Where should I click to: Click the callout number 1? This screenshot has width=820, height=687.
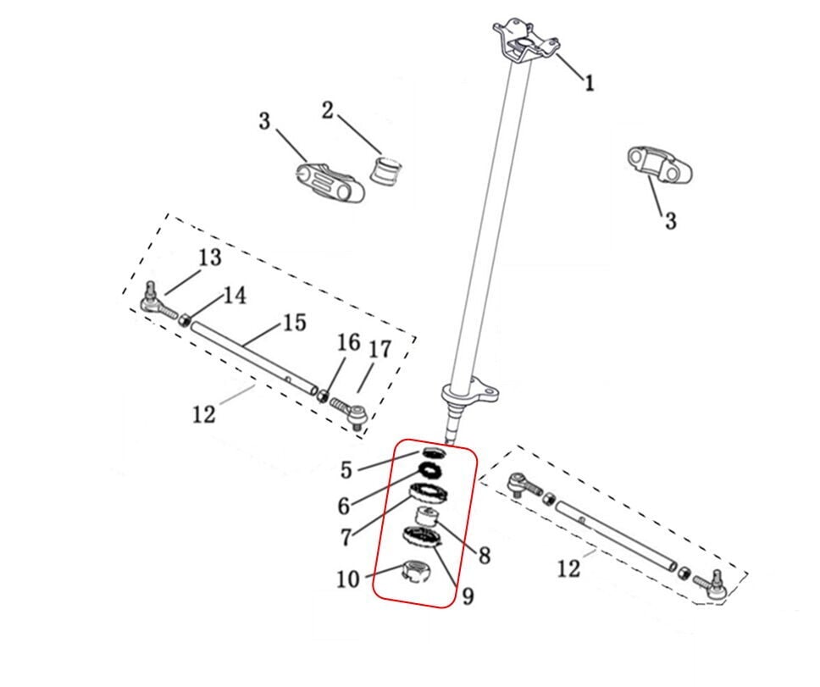click(589, 82)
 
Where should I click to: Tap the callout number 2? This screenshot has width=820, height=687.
click(327, 110)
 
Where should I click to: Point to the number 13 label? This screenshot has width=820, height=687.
click(209, 258)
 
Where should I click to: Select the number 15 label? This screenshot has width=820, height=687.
click(294, 323)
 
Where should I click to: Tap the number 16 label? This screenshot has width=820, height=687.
click(348, 343)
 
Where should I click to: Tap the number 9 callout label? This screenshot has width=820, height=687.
click(467, 596)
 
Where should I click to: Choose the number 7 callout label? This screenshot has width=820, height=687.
click(345, 536)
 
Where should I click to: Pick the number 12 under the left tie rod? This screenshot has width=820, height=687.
click(204, 414)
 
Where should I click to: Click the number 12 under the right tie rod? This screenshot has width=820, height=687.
click(569, 568)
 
